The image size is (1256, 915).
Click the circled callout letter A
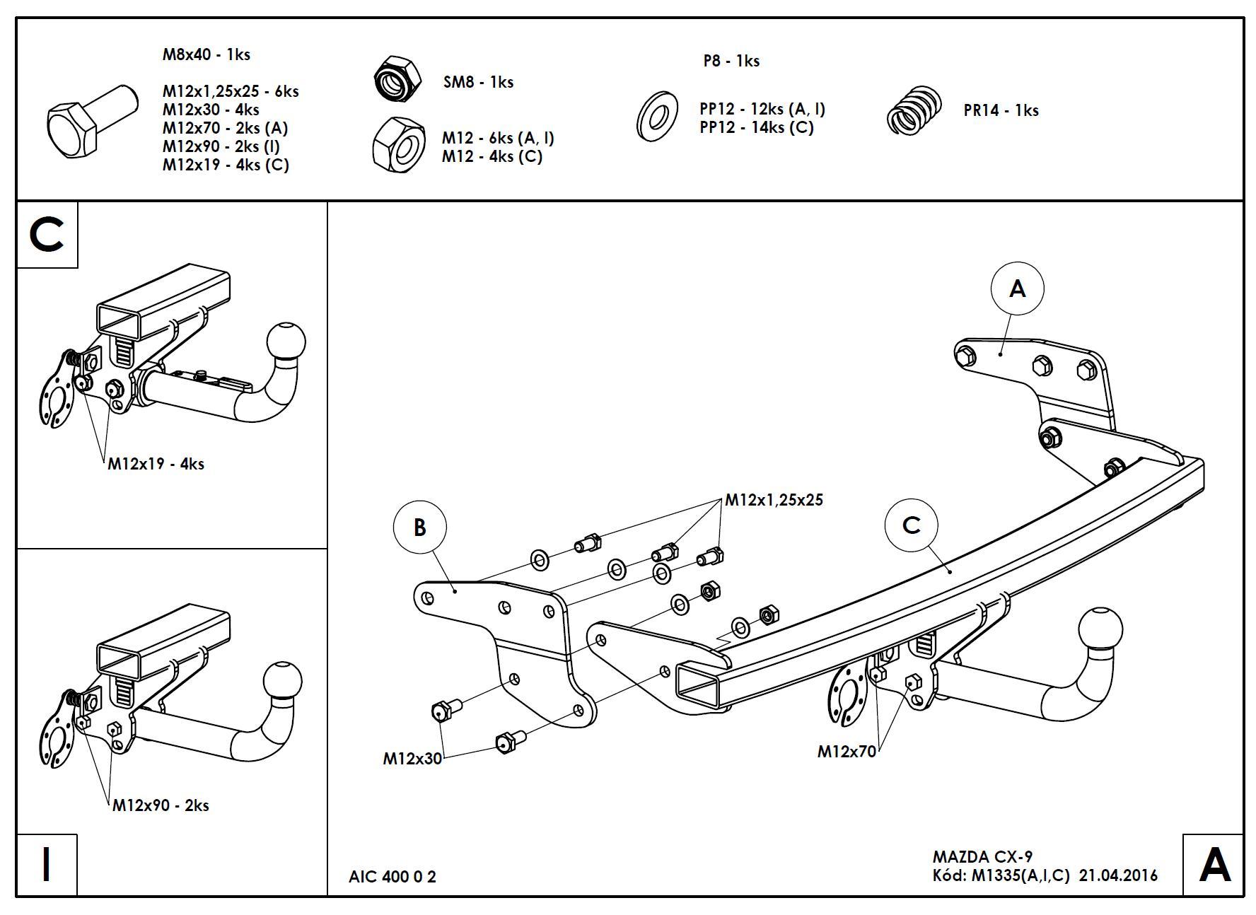coord(1017,289)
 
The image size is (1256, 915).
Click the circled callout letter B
coord(419,528)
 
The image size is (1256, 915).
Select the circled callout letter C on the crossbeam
coord(912,525)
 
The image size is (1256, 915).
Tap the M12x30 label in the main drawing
coord(412,759)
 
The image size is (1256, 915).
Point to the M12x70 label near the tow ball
coord(847,751)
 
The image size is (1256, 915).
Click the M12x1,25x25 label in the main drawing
coord(774,500)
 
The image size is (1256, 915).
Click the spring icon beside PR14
coord(914,111)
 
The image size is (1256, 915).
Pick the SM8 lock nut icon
coord(397,78)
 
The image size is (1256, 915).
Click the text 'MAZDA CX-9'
coord(982,857)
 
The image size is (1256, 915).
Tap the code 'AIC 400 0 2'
coord(392,877)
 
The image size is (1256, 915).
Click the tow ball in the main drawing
coord(1100,627)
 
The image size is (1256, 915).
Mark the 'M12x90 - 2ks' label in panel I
coord(161,805)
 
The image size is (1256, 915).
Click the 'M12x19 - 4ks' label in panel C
coord(156,464)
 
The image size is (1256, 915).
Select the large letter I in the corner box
coord(47,864)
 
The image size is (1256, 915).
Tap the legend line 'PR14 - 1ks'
coord(1001,110)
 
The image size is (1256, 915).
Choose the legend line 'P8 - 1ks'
coord(731,61)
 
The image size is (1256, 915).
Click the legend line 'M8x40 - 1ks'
coord(206,54)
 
